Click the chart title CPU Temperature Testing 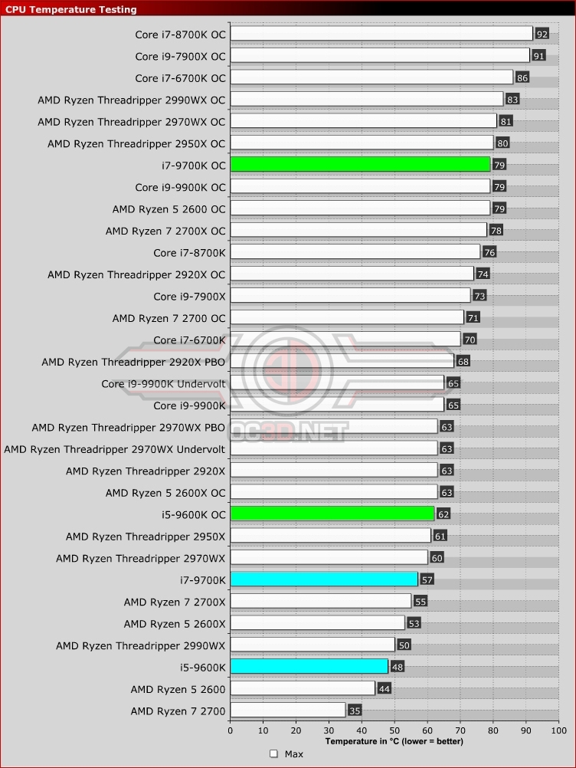point(71,9)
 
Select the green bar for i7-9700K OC point(360,164)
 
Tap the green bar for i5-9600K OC point(332,514)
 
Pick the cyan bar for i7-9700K point(324,579)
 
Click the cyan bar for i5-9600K point(309,667)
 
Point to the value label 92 point(542,34)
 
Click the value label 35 point(355,711)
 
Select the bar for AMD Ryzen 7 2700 point(287,711)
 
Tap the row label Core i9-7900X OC point(180,56)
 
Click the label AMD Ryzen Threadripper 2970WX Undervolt point(115,448)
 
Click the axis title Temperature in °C point(394,741)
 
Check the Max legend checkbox point(273,754)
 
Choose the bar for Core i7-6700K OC point(371,77)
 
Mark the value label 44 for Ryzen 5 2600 point(384,689)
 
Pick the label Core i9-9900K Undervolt point(163,383)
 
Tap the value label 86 point(522,77)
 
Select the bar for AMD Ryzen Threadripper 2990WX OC point(366,99)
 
